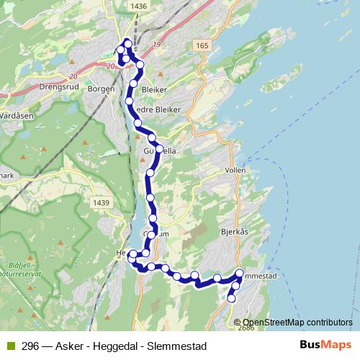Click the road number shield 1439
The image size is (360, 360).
pos(101,204)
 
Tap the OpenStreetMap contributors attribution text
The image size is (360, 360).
pos(297,322)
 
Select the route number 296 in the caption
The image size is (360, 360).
pos(30,346)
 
